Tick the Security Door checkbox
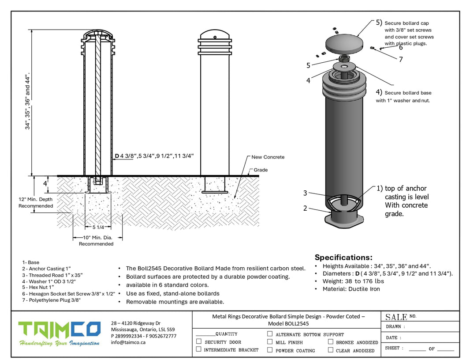click(x=199, y=341)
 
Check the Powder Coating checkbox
click(x=270, y=350)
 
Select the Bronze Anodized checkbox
click(x=331, y=341)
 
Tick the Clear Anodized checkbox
click(x=331, y=350)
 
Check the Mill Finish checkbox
click(x=270, y=341)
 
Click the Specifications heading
click(x=343, y=257)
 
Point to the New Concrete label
click(x=268, y=157)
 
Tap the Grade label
click(x=260, y=170)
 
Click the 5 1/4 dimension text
click(x=99, y=227)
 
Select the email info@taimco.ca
click(x=128, y=342)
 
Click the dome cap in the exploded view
click(x=345, y=43)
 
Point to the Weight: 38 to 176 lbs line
click(x=353, y=281)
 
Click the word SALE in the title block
click(x=396, y=317)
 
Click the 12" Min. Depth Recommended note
click(x=35, y=202)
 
